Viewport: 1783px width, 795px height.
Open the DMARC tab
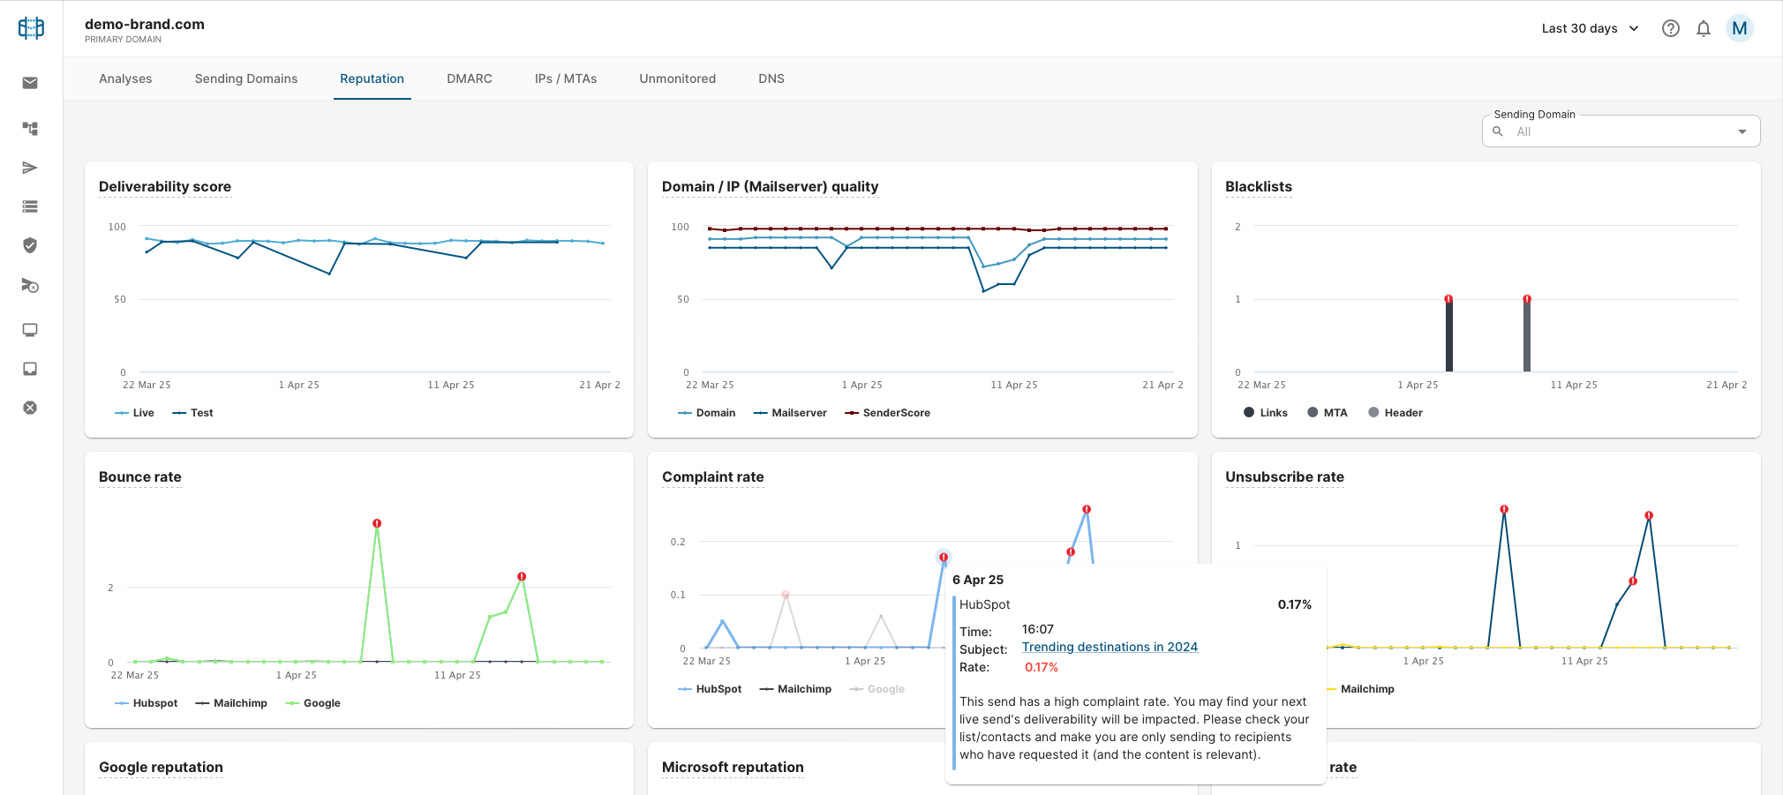coord(470,79)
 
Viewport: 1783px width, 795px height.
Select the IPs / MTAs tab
coord(566,79)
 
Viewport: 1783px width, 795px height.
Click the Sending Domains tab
coord(246,79)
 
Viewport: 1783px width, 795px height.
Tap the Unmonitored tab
coord(678,79)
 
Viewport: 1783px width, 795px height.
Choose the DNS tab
coord(771,79)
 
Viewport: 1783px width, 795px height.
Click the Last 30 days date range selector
coord(1590,28)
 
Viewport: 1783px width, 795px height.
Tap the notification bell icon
coord(1704,28)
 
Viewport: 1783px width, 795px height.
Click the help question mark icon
coord(1671,28)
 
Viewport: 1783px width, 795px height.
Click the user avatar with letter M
coord(1740,28)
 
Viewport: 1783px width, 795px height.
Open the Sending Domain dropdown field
coord(1621,131)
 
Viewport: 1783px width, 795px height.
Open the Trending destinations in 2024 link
coord(1110,647)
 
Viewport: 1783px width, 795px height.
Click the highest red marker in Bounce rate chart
coord(377,523)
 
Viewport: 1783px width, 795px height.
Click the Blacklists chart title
coord(1259,186)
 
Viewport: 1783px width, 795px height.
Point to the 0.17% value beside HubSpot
coord(1295,604)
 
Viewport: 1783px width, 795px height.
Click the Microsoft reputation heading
coord(733,767)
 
